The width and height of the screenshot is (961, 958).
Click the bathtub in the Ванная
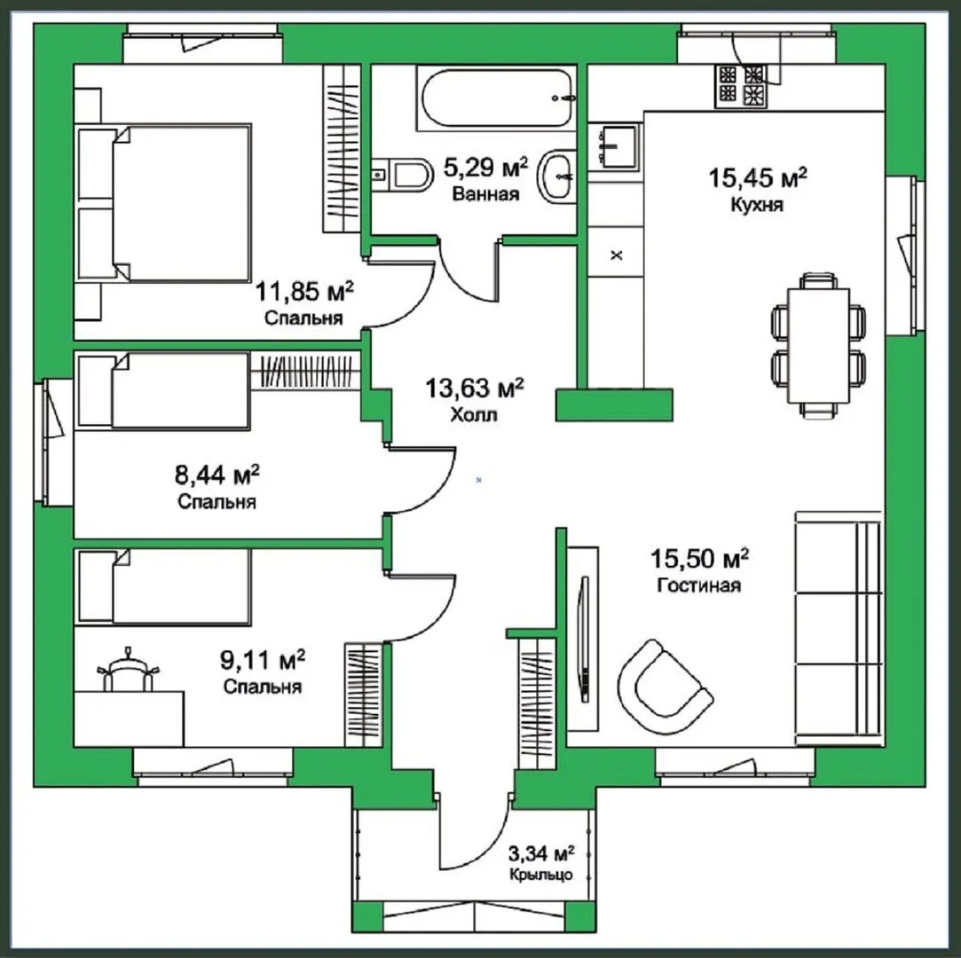496,98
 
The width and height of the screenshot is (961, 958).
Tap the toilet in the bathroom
402,175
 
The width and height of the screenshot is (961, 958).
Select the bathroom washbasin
555,177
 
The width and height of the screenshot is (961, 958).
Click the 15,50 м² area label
699,559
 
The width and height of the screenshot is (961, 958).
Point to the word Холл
474,415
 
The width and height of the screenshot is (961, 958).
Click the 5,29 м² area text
484,167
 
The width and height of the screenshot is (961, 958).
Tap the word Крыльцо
541,874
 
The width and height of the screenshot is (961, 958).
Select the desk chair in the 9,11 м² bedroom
128,670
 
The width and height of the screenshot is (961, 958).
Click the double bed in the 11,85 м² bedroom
163,203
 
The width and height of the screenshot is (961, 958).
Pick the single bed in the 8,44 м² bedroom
163,390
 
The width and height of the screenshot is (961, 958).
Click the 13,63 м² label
475,389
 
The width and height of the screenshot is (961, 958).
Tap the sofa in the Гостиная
839,628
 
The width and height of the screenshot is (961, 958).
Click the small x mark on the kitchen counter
617,255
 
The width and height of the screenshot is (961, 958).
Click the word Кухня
758,205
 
